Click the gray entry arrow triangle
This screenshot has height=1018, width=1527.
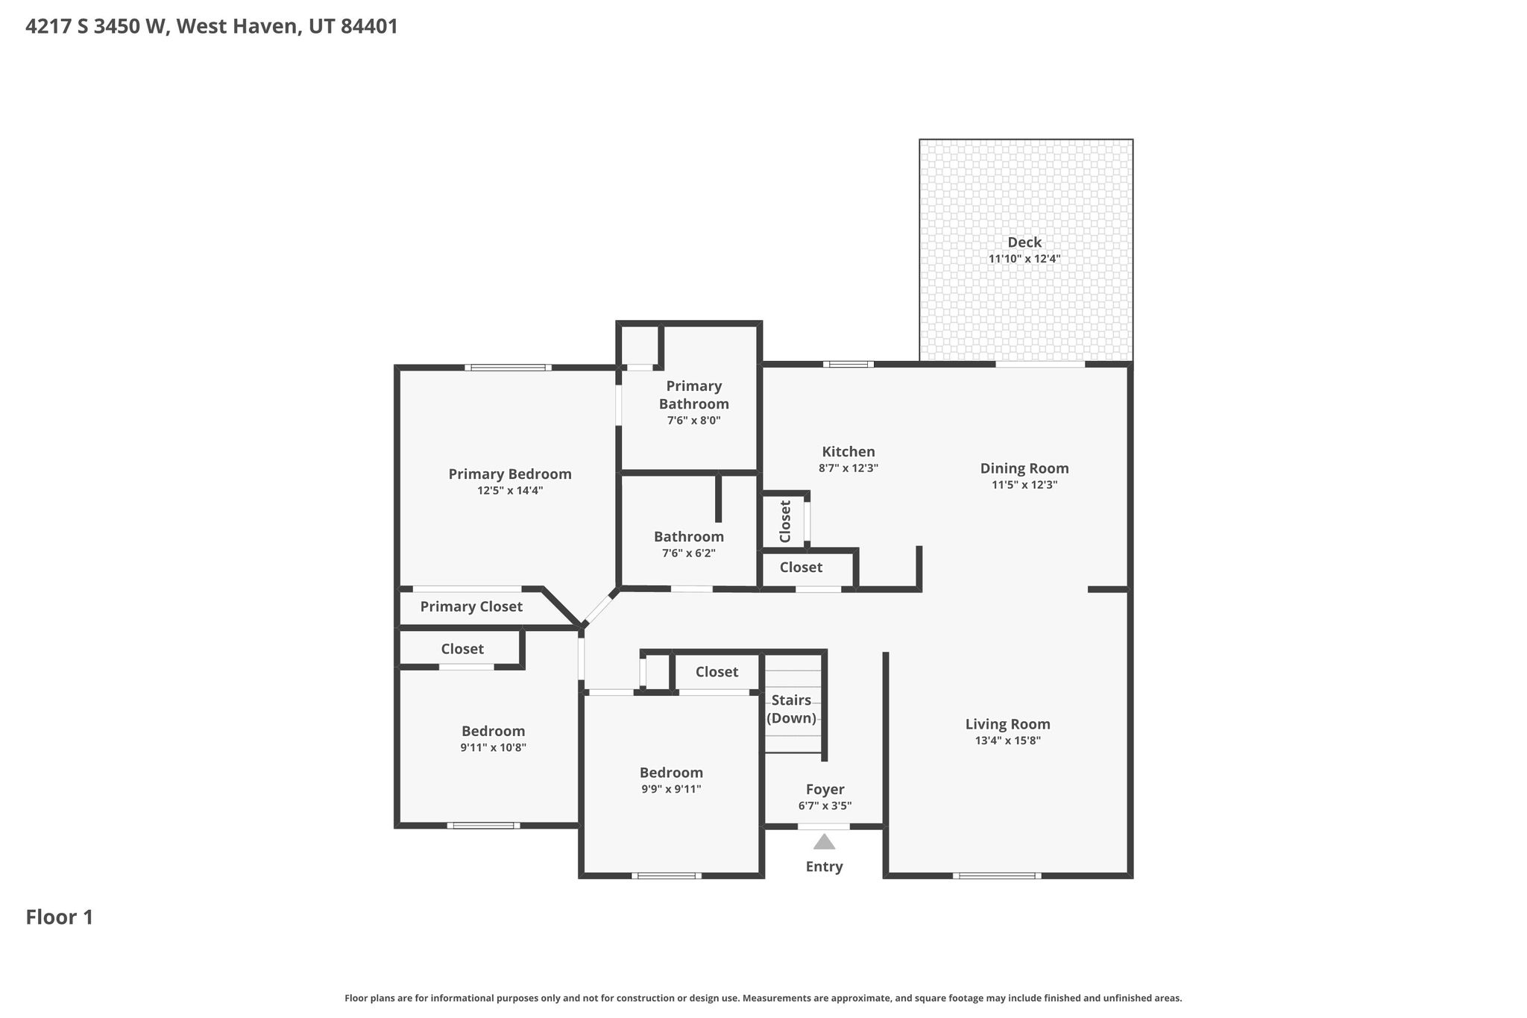click(x=824, y=842)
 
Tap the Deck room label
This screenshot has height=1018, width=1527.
click(x=1024, y=242)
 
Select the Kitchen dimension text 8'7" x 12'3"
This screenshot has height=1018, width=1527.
click(x=848, y=468)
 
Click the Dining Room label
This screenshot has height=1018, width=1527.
click(x=1024, y=468)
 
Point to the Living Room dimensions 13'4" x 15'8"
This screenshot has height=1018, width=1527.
click(x=1008, y=741)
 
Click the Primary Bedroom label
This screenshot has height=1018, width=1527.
click(x=510, y=474)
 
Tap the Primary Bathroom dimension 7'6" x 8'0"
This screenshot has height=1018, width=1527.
click(x=694, y=421)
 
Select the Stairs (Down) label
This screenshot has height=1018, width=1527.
click(x=791, y=709)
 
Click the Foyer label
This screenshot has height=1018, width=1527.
click(x=825, y=790)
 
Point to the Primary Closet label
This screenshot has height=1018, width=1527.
click(x=471, y=607)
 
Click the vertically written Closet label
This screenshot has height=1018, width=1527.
click(x=784, y=521)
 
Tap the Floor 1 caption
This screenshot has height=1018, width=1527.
click(x=60, y=917)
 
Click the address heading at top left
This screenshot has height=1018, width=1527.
click(x=212, y=27)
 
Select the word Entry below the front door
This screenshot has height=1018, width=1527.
click(x=824, y=867)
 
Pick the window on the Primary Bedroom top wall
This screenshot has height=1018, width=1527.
click(x=509, y=367)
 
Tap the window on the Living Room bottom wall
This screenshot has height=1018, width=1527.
click(x=997, y=876)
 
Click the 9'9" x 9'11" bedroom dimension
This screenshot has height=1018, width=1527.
click(x=671, y=789)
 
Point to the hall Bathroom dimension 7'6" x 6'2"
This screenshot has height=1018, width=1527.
click(x=689, y=553)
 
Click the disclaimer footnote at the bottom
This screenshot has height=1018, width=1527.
click(x=763, y=998)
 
